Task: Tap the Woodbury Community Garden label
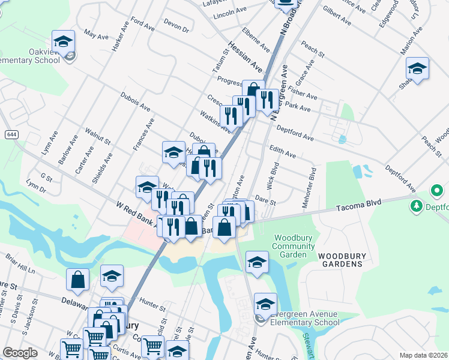click(x=293, y=246)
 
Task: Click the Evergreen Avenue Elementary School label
click(x=305, y=318)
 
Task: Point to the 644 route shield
click(x=11, y=134)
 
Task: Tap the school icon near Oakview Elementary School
click(x=63, y=42)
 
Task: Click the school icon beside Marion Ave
click(x=417, y=69)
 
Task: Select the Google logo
click(x=20, y=353)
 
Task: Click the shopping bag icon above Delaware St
click(x=78, y=279)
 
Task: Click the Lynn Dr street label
click(x=37, y=188)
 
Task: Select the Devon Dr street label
click(x=176, y=25)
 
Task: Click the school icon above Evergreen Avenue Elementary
click(x=257, y=263)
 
